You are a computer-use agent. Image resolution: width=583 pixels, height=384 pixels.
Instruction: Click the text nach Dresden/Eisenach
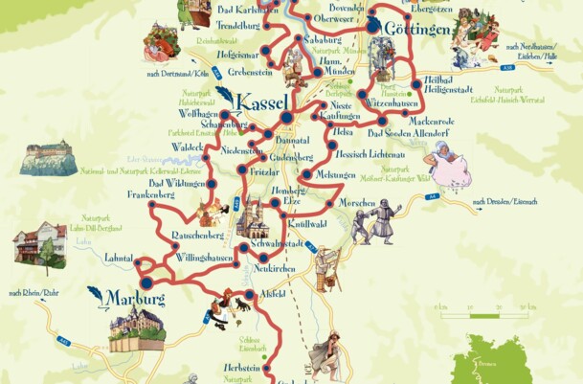coord(506,202)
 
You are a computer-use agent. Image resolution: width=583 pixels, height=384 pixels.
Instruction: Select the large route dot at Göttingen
coord(371,29)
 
